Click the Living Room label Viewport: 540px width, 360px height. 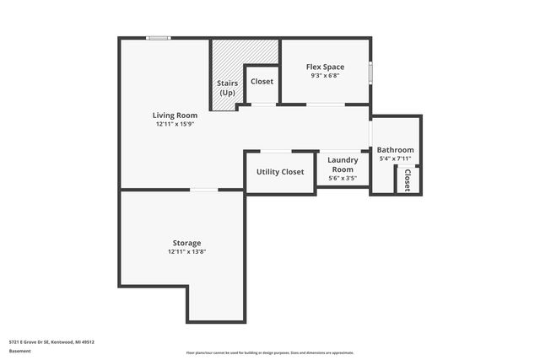click(175, 115)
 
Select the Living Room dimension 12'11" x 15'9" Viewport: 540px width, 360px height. click(175, 124)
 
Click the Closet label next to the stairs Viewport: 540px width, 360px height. click(262, 82)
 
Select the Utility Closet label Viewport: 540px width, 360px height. click(280, 171)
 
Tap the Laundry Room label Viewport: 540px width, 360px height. click(343, 164)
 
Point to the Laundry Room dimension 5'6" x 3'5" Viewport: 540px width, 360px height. click(343, 178)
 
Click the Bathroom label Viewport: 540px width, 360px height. click(395, 150)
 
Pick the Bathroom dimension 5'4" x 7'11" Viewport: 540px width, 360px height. click(395, 159)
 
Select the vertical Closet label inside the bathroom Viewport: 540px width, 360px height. click(407, 180)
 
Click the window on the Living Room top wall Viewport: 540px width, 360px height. click(158, 38)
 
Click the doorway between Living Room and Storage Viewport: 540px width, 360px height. click(204, 191)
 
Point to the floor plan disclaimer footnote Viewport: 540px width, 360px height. click(269, 352)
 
